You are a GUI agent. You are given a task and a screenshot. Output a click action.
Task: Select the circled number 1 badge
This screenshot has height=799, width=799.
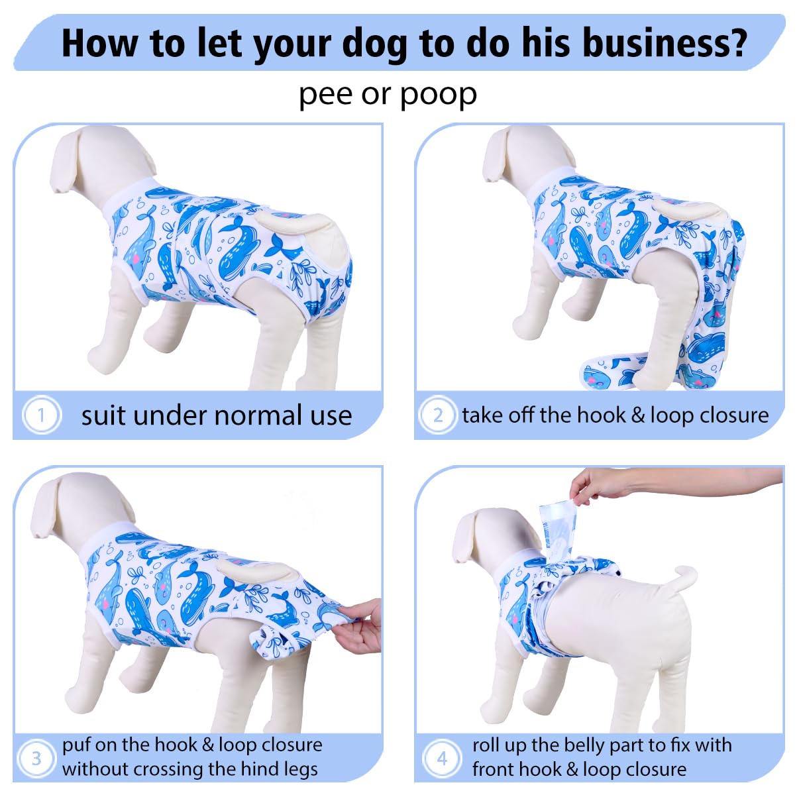(x=42, y=415)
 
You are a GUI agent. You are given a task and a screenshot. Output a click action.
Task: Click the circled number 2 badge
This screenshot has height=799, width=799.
(x=438, y=415)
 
